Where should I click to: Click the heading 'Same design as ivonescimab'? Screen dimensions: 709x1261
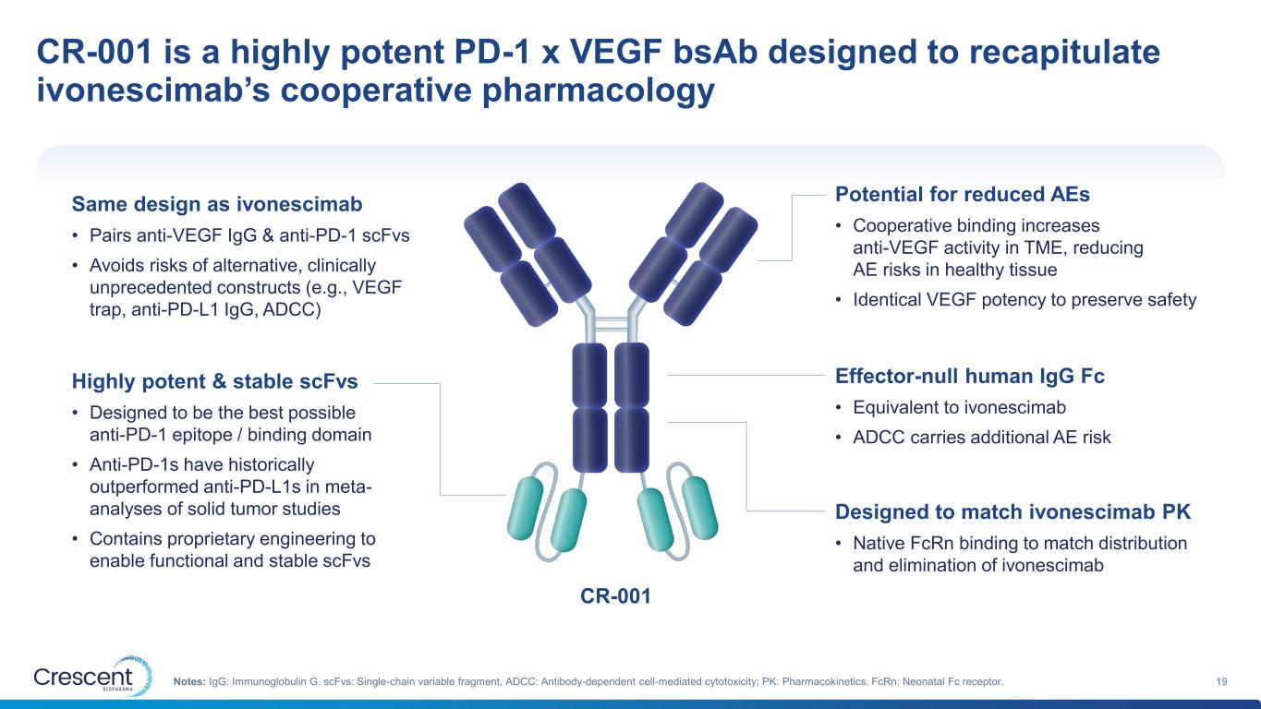pos(217,203)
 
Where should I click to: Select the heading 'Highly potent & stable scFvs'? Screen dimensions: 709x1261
pos(214,380)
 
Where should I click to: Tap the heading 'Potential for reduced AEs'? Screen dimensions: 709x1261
pos(963,195)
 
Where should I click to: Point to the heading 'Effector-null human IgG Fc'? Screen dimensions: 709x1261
pos(970,376)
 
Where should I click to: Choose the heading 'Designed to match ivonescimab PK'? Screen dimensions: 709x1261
pos(1013,511)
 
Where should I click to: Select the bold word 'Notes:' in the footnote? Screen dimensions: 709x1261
pos(189,681)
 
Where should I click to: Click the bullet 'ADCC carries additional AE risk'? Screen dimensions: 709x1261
pos(981,437)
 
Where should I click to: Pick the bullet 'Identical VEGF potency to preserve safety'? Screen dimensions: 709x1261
pos(1024,299)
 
